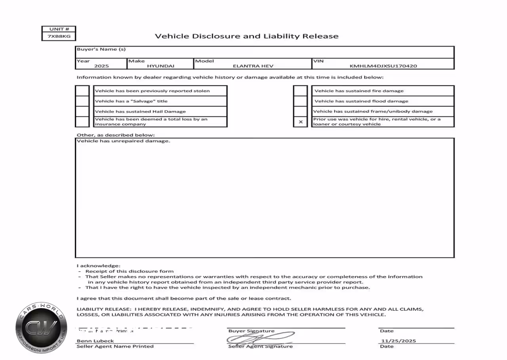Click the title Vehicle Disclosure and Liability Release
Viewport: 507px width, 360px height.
(246, 36)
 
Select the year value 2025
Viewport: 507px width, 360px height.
(101, 66)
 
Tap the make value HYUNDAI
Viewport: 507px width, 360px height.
(160, 66)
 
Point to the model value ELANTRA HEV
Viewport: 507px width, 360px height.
(253, 66)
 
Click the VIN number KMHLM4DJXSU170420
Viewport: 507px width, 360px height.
(383, 66)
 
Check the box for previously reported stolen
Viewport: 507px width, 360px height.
(82, 91)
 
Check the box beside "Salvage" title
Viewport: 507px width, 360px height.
(82, 101)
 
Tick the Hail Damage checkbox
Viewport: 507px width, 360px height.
(82, 111)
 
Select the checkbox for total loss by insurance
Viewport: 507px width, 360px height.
(82, 122)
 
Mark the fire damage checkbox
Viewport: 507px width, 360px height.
(301, 91)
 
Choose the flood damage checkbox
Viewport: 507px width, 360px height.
(301, 101)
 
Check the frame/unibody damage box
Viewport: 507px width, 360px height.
(301, 111)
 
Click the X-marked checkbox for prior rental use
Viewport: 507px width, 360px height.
(301, 122)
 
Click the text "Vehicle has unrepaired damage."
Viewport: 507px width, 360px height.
(123, 141)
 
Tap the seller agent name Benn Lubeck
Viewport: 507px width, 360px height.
(95, 341)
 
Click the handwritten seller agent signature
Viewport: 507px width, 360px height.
(259, 338)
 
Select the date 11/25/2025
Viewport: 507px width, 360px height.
(398, 341)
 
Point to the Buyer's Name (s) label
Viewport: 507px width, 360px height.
(101, 49)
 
